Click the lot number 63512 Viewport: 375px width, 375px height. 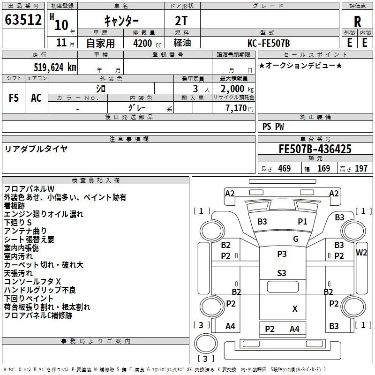(x=23, y=20)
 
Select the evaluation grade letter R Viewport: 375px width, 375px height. (x=357, y=22)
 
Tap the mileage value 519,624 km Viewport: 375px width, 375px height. (x=55, y=67)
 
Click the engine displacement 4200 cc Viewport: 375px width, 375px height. (x=147, y=43)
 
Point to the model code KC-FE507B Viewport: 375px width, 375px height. (x=269, y=43)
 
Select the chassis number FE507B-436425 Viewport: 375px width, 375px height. (x=315, y=149)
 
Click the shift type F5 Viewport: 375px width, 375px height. (x=14, y=98)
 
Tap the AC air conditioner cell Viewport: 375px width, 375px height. (x=36, y=98)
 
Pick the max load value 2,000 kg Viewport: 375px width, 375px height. (x=237, y=89)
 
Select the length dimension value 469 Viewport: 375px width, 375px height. (x=285, y=168)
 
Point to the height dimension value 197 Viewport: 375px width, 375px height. (x=361, y=168)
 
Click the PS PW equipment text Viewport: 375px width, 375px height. (x=273, y=126)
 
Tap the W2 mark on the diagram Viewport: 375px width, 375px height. (x=361, y=253)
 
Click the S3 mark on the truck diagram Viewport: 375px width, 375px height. (x=282, y=273)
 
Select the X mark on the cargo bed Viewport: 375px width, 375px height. (x=295, y=309)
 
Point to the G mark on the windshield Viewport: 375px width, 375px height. (x=296, y=239)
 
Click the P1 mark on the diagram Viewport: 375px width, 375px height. (x=302, y=222)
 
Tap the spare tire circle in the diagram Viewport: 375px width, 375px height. (x=206, y=344)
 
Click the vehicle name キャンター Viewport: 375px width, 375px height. (x=121, y=21)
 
